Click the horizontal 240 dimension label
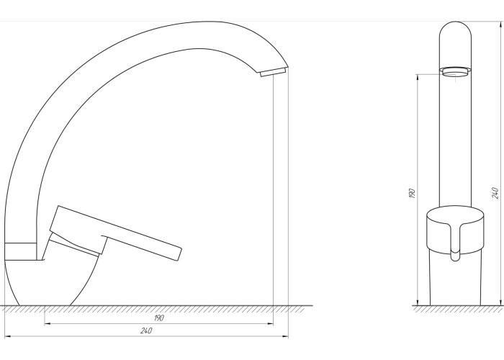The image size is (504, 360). click(x=146, y=330)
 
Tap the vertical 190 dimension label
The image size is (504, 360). click(x=412, y=193)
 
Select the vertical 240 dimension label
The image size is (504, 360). click(x=495, y=193)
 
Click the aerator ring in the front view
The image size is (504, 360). click(x=455, y=72)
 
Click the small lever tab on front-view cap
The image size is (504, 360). click(x=455, y=243)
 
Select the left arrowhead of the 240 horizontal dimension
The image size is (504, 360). click(x=8, y=336)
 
